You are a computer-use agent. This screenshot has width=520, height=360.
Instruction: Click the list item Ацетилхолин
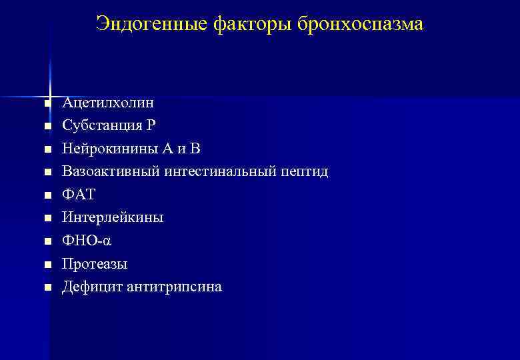click(108, 103)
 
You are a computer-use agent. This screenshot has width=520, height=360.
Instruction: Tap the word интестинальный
click(215, 172)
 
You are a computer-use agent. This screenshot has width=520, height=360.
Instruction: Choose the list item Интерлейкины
click(113, 218)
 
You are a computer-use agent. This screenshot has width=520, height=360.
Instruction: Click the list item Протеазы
click(95, 264)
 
